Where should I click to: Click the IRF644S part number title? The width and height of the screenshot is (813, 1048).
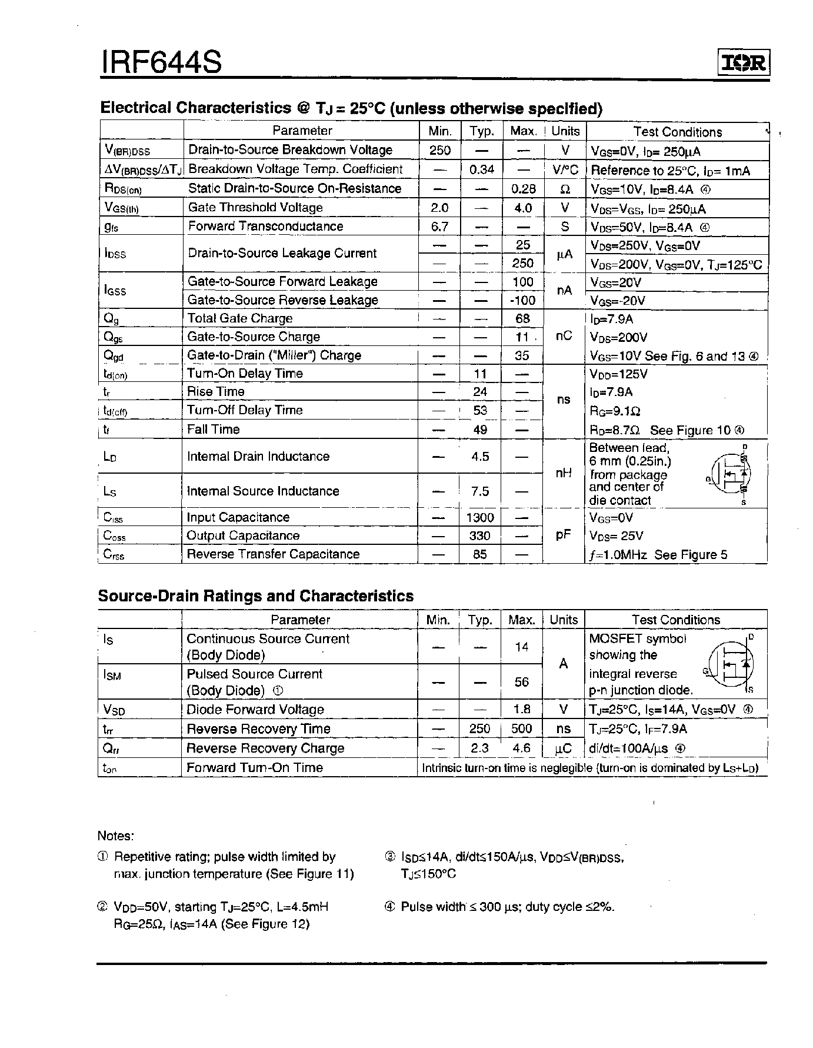[162, 61]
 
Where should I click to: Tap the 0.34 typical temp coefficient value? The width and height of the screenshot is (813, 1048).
[482, 169]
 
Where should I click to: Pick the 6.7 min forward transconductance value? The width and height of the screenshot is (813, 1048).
[439, 227]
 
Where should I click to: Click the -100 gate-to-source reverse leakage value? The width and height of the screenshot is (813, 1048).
[522, 300]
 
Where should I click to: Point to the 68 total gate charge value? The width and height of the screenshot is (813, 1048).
[522, 318]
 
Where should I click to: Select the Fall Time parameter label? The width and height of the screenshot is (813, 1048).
[213, 430]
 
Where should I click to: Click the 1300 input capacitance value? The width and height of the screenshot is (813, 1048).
[480, 517]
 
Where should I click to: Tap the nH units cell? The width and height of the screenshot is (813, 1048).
[564, 473]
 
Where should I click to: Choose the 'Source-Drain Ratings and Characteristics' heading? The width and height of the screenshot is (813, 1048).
[255, 595]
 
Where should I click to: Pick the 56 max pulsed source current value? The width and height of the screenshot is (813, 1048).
[522, 682]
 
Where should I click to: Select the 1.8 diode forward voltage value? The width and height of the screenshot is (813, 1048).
[522, 710]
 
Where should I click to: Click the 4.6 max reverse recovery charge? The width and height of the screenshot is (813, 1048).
[522, 748]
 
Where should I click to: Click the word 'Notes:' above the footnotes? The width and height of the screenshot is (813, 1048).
[115, 836]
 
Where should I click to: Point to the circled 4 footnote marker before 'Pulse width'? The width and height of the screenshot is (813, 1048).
[389, 907]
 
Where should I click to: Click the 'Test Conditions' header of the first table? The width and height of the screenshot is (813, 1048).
[677, 132]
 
